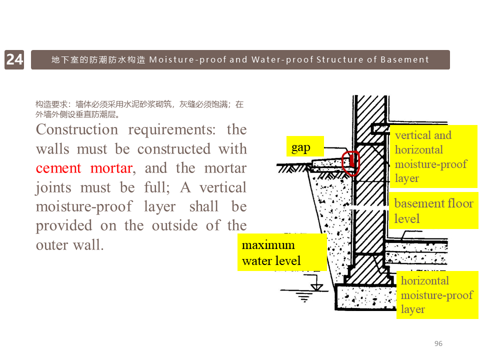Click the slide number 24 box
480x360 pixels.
[x=14, y=59]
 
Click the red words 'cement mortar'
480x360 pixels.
[x=83, y=168]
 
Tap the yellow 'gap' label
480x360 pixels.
[x=301, y=147]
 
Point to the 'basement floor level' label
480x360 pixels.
[x=433, y=210]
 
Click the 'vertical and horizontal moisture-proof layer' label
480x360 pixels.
[x=433, y=156]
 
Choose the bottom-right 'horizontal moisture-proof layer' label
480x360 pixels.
[x=437, y=294]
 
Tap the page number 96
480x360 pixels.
[x=438, y=343]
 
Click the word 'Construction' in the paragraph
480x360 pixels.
[x=76, y=129]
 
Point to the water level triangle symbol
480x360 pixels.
[x=316, y=286]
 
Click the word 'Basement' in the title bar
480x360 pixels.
[x=404, y=59]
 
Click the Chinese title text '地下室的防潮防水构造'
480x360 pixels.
[x=98, y=59]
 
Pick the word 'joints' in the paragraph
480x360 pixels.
[x=50, y=187]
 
